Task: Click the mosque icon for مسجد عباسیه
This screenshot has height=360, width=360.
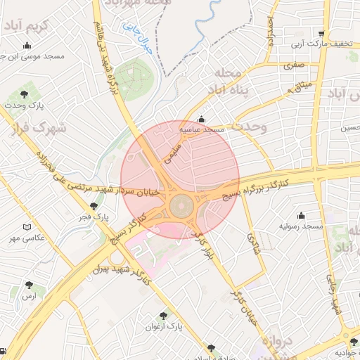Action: point(202,119)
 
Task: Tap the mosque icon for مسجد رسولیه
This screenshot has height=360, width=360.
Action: point(302,215)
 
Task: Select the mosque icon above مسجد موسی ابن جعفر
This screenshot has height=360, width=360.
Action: point(27,46)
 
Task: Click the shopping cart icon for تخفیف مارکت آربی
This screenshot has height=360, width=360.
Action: point(321,33)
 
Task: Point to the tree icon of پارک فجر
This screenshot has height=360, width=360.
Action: point(94,207)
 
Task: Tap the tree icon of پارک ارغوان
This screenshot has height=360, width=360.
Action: point(163,316)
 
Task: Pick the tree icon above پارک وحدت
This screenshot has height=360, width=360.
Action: point(25,94)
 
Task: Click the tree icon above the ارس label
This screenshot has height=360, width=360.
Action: point(29,285)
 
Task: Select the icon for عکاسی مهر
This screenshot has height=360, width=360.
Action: point(27,227)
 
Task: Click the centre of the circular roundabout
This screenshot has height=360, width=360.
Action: point(180,207)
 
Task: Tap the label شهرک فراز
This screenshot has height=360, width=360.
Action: point(38,129)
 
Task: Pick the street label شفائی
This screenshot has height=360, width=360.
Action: point(252,244)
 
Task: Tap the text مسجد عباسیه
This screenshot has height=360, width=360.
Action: point(203,130)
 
